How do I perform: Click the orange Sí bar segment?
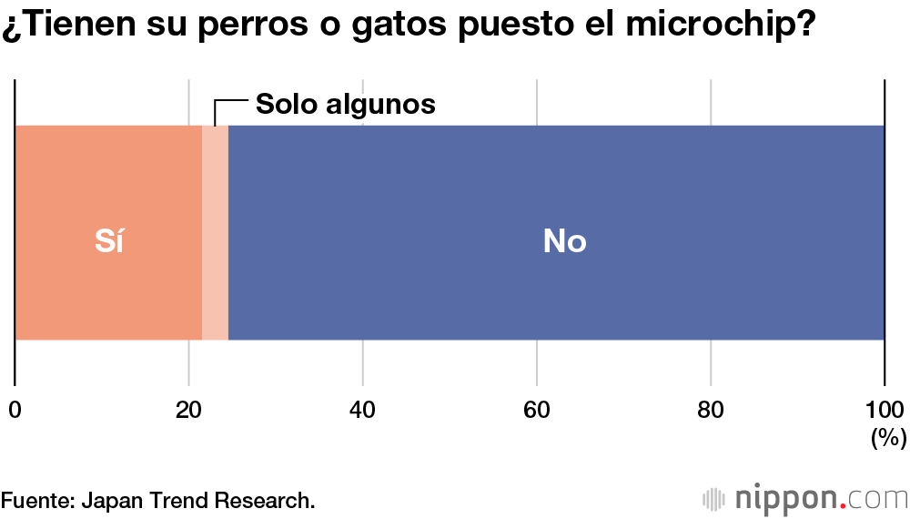pyautogui.click(x=64, y=182)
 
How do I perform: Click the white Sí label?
pyautogui.click(x=109, y=241)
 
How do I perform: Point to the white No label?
pyautogui.click(x=564, y=241)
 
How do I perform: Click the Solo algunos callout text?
pyautogui.click(x=345, y=104)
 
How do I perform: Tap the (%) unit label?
pyautogui.click(x=888, y=438)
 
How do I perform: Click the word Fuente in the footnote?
pyautogui.click(x=36, y=500)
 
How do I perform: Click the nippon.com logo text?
pyautogui.click(x=819, y=499)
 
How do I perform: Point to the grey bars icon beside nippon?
pyautogui.click(x=714, y=499)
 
